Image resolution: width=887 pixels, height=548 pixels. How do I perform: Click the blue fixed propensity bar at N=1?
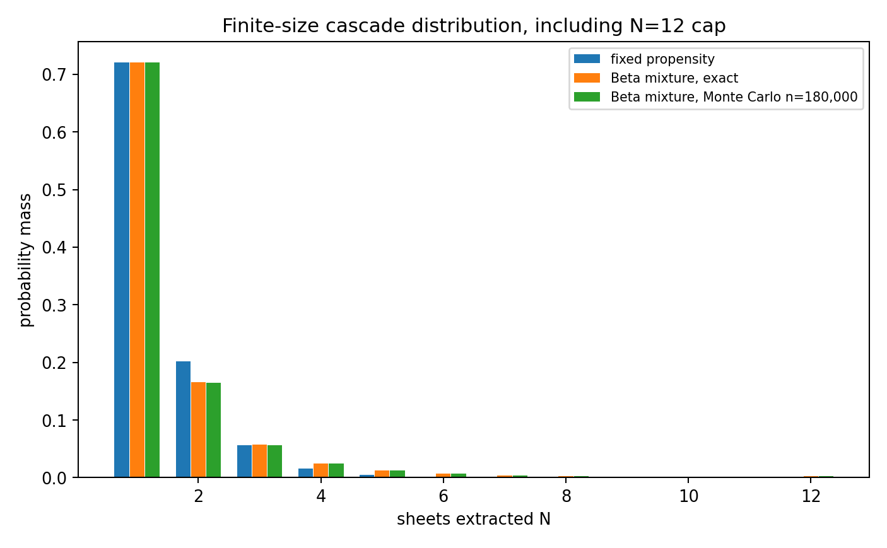(x=122, y=270)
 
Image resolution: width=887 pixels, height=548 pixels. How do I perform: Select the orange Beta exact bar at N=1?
(x=137, y=270)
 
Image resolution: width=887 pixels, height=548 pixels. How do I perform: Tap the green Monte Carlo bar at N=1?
(x=153, y=270)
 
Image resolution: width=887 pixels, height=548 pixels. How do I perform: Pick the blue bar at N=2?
(x=183, y=419)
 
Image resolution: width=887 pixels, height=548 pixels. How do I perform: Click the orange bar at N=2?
(x=198, y=429)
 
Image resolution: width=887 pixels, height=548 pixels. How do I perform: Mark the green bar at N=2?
(x=213, y=430)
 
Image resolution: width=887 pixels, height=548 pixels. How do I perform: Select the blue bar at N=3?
(x=244, y=461)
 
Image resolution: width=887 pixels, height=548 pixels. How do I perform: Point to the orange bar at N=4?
(x=320, y=470)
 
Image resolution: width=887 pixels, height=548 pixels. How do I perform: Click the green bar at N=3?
(x=275, y=461)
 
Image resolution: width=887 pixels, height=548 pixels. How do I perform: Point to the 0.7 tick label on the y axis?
(x=54, y=75)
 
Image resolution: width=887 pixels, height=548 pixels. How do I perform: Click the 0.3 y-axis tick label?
(x=54, y=305)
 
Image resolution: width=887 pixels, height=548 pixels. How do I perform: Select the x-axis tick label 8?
(x=567, y=496)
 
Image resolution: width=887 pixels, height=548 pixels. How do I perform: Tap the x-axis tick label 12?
(x=811, y=496)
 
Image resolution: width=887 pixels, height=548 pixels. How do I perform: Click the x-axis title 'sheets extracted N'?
(x=474, y=519)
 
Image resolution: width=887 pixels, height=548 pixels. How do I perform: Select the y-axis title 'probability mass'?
(x=25, y=260)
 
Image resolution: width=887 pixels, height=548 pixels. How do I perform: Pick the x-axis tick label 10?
(x=689, y=496)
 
